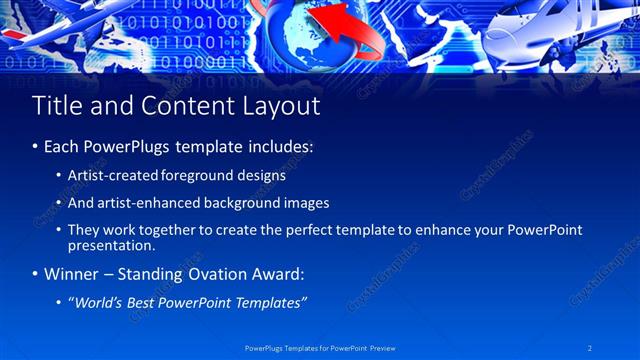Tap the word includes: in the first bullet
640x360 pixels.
tap(280, 146)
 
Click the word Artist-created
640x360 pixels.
tap(105, 175)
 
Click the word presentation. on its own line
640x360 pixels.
tap(111, 245)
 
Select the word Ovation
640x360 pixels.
tap(209, 274)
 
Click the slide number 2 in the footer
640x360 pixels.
tap(589, 348)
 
